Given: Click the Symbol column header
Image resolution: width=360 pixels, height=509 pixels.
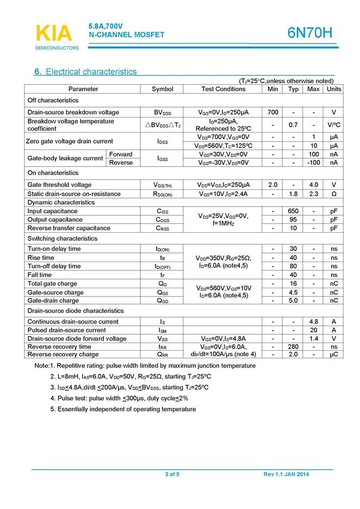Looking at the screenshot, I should (162, 89).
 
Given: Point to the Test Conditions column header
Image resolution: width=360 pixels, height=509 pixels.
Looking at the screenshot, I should (223, 89).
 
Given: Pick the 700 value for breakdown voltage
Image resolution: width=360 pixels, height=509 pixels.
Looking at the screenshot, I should (273, 112).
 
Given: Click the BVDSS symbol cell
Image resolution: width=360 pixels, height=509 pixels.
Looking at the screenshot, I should (162, 112).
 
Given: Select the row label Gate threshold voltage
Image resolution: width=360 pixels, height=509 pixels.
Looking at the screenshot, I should (59, 184).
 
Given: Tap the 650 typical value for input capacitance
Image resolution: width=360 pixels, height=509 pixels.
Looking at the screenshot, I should (293, 211).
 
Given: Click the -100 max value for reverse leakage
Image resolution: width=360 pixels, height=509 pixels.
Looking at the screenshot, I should (313, 162).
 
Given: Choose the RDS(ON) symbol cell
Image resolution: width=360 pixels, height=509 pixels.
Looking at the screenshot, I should (162, 194).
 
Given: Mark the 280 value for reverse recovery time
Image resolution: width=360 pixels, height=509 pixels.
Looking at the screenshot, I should (293, 346).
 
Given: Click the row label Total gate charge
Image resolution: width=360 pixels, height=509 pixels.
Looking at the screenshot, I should (52, 283).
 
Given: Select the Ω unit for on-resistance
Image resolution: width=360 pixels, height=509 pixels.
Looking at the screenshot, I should (333, 194).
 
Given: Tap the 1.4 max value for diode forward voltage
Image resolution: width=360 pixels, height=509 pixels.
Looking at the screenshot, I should (313, 338).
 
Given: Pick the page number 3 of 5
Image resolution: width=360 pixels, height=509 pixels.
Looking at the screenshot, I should (172, 475).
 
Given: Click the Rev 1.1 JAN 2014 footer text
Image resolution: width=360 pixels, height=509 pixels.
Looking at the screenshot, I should (286, 475).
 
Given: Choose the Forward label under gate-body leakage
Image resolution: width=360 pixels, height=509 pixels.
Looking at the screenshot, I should (121, 154).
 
